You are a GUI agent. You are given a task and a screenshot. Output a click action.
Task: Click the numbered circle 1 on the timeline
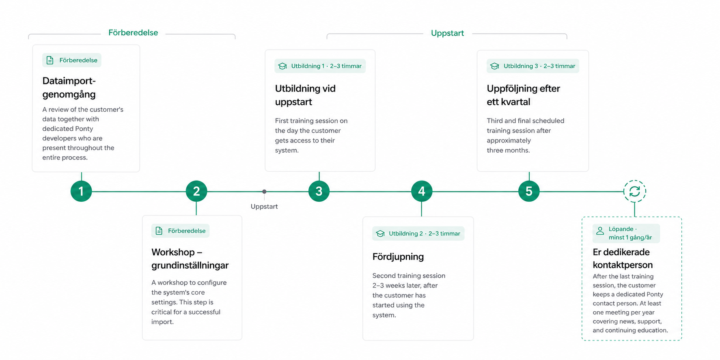pyautogui.click(x=81, y=191)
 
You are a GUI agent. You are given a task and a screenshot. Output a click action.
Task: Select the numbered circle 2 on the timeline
pyautogui.click(x=196, y=191)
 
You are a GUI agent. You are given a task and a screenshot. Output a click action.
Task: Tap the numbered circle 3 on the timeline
pyautogui.click(x=319, y=191)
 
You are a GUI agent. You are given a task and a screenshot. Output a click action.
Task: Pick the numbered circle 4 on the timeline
pyautogui.click(x=422, y=191)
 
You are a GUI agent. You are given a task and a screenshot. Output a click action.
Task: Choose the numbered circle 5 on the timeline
pyautogui.click(x=529, y=191)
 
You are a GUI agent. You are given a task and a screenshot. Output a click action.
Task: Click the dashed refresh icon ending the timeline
pyautogui.click(x=635, y=191)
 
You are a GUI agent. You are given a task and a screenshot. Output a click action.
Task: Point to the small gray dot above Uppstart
pyautogui.click(x=264, y=192)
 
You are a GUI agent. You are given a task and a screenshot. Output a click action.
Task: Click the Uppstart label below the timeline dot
pyautogui.click(x=264, y=207)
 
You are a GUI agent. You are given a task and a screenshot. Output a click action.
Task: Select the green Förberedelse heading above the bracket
pyautogui.click(x=133, y=32)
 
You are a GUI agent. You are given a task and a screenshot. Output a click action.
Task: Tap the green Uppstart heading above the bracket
pyautogui.click(x=447, y=33)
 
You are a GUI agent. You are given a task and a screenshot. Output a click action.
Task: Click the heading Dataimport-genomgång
pyautogui.click(x=69, y=87)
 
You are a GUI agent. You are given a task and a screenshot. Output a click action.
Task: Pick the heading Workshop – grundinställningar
pyautogui.click(x=190, y=259)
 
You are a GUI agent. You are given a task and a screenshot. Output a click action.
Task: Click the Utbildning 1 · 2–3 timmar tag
pyautogui.click(x=320, y=66)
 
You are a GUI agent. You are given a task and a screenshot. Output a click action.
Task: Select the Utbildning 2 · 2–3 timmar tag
pyautogui.click(x=418, y=233)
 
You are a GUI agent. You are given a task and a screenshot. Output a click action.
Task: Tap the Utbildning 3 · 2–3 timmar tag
pyautogui.click(x=532, y=66)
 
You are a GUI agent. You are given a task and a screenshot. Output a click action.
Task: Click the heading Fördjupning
pyautogui.click(x=398, y=257)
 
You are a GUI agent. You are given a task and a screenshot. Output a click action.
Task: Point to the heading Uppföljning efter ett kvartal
pyautogui.click(x=523, y=95)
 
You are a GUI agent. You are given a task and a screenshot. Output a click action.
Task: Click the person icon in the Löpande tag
pyautogui.click(x=600, y=231)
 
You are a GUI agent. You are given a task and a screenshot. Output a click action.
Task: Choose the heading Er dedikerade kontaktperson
pyautogui.click(x=623, y=258)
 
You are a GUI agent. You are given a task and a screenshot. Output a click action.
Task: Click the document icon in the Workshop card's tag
pyautogui.click(x=159, y=231)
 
